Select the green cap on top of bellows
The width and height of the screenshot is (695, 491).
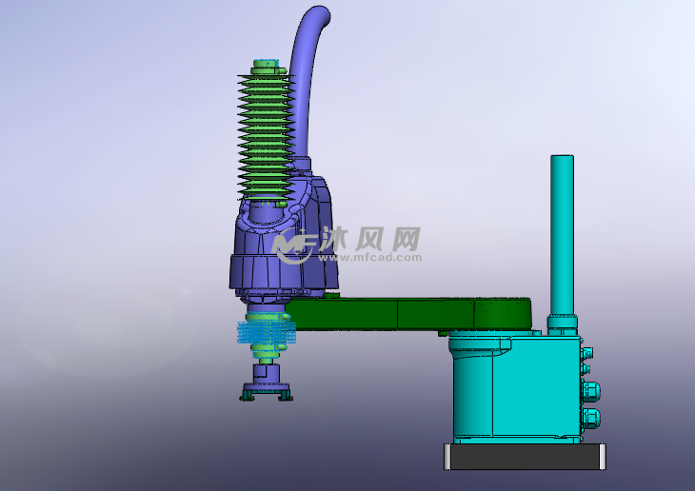pyautogui.click(x=266, y=67)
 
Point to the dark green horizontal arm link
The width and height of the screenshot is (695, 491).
pyautogui.click(x=400, y=312)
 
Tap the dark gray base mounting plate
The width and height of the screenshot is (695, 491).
pyautogui.click(x=524, y=457)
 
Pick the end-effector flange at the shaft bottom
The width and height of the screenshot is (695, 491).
pyautogui.click(x=266, y=391)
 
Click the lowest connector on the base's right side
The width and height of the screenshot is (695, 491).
pyautogui.click(x=591, y=417)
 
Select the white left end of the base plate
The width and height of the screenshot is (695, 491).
pyautogui.click(x=447, y=457)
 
